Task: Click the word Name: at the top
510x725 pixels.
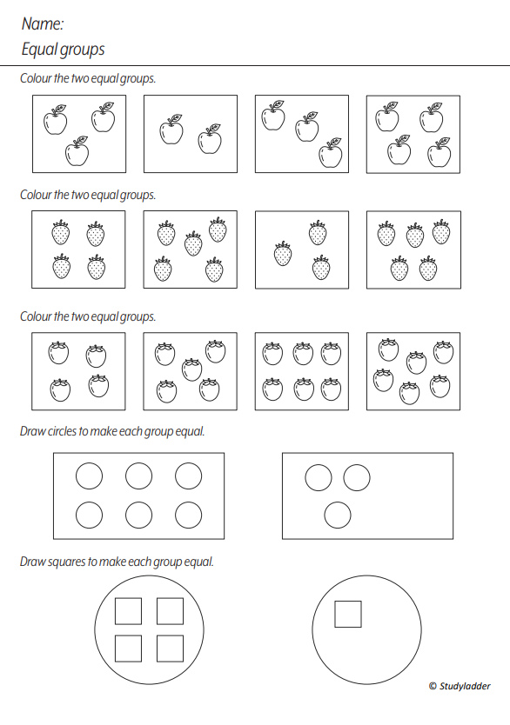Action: click(x=42, y=24)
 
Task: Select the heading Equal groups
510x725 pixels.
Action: click(x=63, y=50)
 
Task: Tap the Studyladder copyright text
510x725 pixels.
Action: click(x=460, y=686)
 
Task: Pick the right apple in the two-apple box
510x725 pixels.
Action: click(x=210, y=138)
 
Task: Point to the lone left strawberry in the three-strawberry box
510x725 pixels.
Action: click(x=283, y=255)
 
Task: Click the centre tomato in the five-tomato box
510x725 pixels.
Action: click(x=191, y=370)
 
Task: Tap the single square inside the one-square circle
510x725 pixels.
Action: click(x=348, y=614)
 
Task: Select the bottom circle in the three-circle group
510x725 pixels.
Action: click(x=337, y=515)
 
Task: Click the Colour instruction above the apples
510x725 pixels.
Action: click(x=88, y=78)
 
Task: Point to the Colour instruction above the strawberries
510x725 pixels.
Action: click(x=88, y=195)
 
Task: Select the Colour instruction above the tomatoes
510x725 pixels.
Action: click(x=88, y=316)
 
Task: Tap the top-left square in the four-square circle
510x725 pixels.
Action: click(x=128, y=611)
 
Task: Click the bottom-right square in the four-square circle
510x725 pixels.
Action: click(x=170, y=649)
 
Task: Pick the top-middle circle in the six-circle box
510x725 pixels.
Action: click(x=139, y=476)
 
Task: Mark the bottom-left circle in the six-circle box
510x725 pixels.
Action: click(x=89, y=515)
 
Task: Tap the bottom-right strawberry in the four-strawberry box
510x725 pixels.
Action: click(x=96, y=268)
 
